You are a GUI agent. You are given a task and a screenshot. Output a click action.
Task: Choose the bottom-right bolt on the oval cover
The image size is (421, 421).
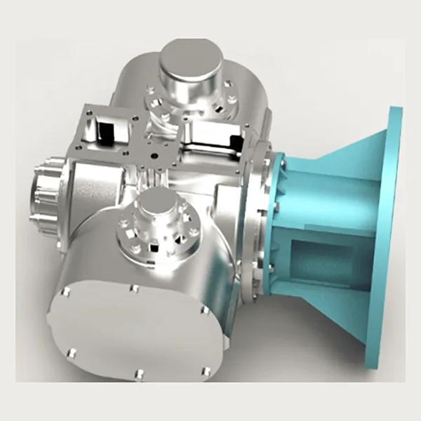click(205, 369)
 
